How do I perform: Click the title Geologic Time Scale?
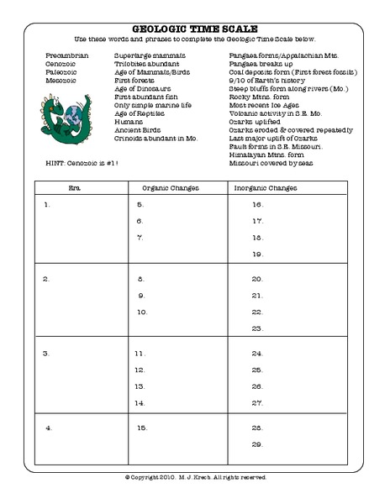click(194, 28)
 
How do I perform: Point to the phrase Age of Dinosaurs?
click(141, 87)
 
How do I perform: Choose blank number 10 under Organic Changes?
click(142, 312)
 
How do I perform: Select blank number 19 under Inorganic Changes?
click(259, 255)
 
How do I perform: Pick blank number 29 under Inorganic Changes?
click(259, 444)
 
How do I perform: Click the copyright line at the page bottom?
click(194, 477)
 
